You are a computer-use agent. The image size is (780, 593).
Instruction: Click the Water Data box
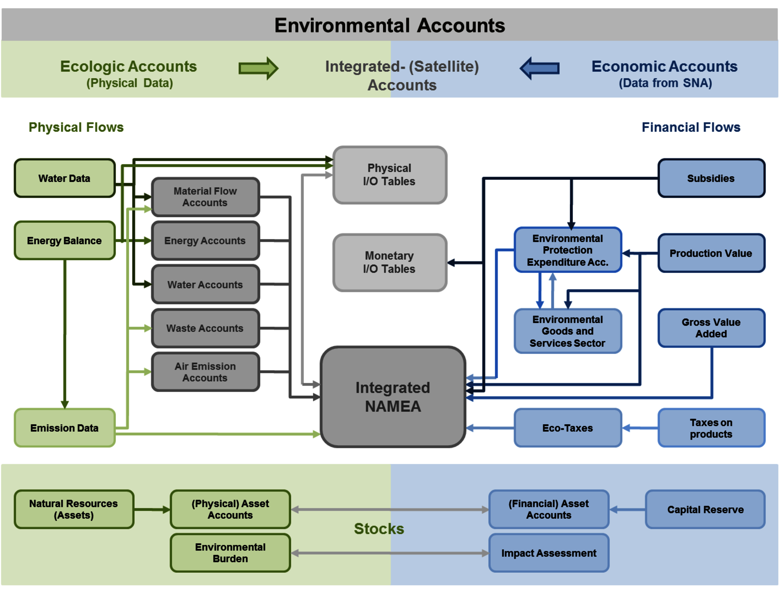(x=65, y=178)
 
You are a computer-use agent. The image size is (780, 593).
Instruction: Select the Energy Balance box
(x=65, y=241)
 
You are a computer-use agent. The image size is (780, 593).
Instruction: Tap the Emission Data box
(x=65, y=428)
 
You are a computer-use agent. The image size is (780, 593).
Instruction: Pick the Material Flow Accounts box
(x=205, y=197)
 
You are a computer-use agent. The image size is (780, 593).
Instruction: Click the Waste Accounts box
(x=205, y=328)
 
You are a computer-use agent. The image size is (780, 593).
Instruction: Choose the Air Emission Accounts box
(x=205, y=372)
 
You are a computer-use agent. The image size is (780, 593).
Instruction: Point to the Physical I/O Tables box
(x=389, y=175)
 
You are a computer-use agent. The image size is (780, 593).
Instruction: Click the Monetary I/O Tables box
(x=389, y=262)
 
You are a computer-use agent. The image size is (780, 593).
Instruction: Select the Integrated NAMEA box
(x=393, y=397)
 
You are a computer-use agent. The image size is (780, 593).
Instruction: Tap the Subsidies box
(x=711, y=178)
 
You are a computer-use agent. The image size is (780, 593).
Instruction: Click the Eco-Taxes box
(x=567, y=428)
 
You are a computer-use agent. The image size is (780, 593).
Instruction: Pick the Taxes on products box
(x=711, y=428)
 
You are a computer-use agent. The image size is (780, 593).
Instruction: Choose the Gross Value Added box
(x=711, y=328)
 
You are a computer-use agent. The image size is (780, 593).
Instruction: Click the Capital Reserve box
(x=705, y=509)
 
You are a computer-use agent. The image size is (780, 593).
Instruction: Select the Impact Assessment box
(x=549, y=553)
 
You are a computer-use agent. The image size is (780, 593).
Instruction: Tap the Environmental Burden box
(x=230, y=553)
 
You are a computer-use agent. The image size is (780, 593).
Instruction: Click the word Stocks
(x=379, y=529)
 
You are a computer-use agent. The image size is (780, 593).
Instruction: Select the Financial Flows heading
(x=691, y=127)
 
